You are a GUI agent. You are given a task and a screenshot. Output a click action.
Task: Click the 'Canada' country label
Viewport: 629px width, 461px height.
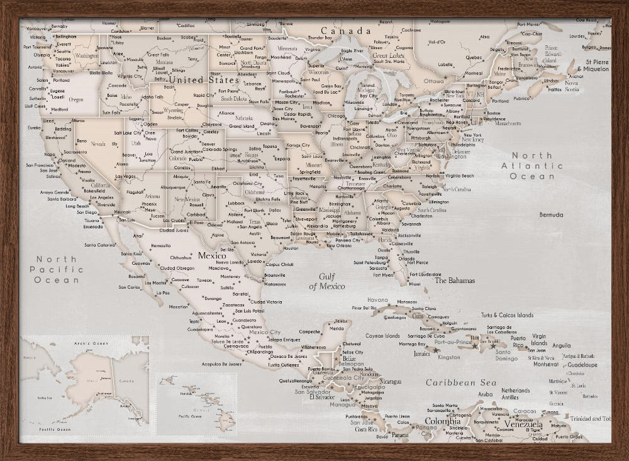[345, 31]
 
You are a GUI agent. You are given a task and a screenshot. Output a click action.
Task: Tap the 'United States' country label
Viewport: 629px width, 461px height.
[203, 80]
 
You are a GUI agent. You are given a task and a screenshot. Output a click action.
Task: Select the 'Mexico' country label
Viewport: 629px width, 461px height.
[212, 256]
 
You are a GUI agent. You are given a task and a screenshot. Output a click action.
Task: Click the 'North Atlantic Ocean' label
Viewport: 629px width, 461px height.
[537, 166]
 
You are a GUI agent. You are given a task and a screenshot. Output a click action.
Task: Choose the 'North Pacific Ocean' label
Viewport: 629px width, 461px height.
[57, 269]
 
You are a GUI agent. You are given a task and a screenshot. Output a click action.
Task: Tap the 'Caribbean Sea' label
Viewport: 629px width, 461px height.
[460, 382]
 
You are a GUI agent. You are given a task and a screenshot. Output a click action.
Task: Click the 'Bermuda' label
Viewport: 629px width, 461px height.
[551, 214]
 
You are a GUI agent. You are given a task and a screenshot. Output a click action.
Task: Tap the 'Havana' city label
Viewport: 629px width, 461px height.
[377, 300]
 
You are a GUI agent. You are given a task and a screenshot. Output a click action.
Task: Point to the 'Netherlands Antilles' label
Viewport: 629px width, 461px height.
[515, 394]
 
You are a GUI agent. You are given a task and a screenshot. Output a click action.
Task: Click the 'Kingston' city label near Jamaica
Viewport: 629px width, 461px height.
[449, 357]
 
